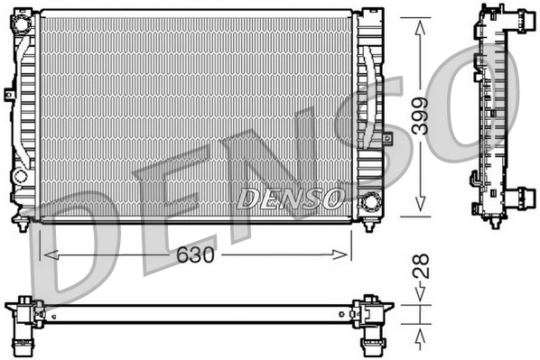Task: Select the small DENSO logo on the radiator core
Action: [289, 196]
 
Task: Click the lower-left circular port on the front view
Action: [19, 176]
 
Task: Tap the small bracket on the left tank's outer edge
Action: [8, 94]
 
